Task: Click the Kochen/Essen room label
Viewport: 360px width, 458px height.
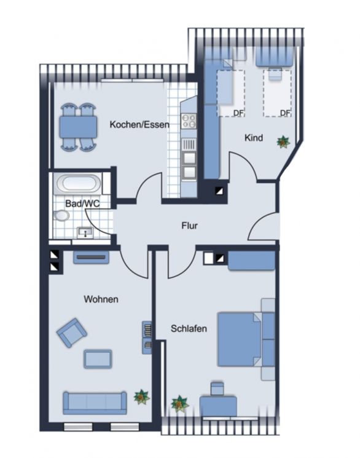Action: pyautogui.click(x=139, y=124)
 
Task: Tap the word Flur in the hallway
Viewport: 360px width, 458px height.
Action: pyautogui.click(x=189, y=226)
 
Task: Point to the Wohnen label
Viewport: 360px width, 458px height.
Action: pyautogui.click(x=100, y=299)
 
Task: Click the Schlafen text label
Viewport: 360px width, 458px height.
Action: pyautogui.click(x=189, y=329)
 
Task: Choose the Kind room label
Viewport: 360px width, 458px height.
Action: pyautogui.click(x=254, y=138)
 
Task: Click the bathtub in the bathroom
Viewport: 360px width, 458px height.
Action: pyautogui.click(x=76, y=183)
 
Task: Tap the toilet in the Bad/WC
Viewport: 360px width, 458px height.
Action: pyautogui.click(x=61, y=216)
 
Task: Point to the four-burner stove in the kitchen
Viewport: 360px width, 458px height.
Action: pyautogui.click(x=188, y=120)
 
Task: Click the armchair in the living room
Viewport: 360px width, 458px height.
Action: pyautogui.click(x=71, y=333)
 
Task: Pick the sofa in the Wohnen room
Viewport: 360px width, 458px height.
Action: pyautogui.click(x=94, y=403)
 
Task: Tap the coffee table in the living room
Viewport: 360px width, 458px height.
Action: pyautogui.click(x=98, y=358)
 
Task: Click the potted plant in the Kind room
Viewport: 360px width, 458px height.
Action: pyautogui.click(x=283, y=142)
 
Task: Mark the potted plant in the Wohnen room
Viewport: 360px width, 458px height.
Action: pyautogui.click(x=141, y=398)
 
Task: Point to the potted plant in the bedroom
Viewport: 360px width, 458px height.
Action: pyautogui.click(x=179, y=403)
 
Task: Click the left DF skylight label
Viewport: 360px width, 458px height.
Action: pyautogui.click(x=238, y=113)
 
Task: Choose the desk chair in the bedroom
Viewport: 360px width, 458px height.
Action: pyautogui.click(x=217, y=388)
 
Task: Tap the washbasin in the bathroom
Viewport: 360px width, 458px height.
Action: pyautogui.click(x=84, y=232)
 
